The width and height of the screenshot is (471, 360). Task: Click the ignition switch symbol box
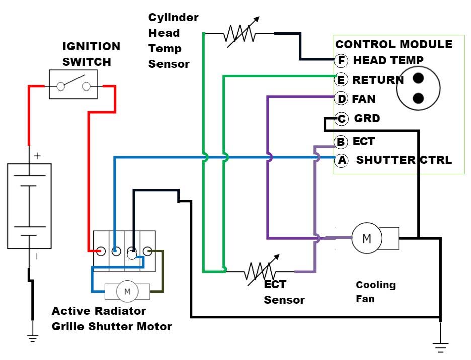click(x=73, y=84)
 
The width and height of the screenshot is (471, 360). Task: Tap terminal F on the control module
click(x=341, y=61)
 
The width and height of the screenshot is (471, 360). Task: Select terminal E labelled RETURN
click(x=341, y=79)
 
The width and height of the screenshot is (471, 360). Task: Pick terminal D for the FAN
click(x=341, y=98)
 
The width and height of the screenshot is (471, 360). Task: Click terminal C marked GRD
click(x=342, y=119)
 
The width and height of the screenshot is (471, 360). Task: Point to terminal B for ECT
click(x=341, y=142)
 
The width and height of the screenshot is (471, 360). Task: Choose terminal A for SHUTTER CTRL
click(x=341, y=161)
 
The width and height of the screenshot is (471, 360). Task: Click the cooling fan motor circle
click(x=367, y=238)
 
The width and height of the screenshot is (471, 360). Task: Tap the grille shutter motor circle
click(x=127, y=291)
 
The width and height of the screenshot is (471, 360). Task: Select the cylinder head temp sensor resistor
click(x=241, y=34)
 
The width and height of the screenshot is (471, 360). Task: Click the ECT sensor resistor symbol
click(x=260, y=271)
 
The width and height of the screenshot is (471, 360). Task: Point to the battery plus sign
click(x=37, y=156)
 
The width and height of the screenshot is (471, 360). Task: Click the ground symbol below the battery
click(x=33, y=339)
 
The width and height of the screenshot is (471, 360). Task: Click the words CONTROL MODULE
click(x=394, y=44)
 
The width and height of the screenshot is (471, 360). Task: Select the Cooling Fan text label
click(x=375, y=292)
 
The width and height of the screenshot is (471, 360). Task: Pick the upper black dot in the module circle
click(x=418, y=78)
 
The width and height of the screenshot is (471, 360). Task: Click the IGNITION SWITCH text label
click(x=91, y=54)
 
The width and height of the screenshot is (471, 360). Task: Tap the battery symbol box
click(x=29, y=206)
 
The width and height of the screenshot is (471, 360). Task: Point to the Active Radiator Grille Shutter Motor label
click(x=111, y=319)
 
